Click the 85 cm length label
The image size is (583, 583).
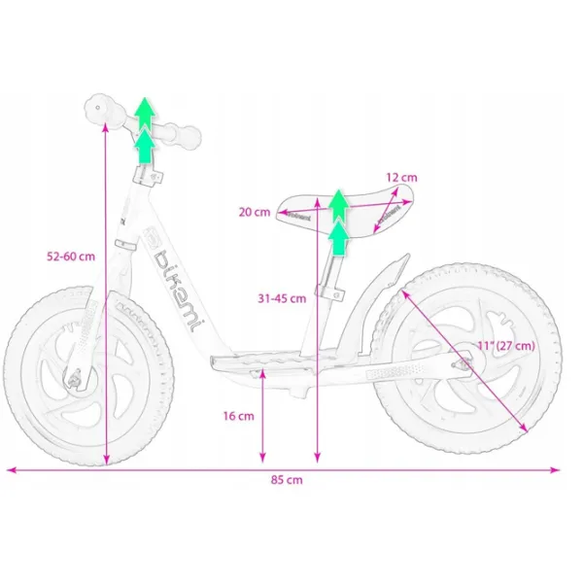[287, 480]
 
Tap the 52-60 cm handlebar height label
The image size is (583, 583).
[71, 257]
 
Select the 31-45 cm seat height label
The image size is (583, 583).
[282, 298]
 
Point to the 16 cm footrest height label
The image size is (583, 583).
[239, 416]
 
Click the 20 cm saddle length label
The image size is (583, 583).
[255, 212]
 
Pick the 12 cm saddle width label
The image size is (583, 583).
[401, 178]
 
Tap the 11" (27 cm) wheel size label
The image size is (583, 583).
[506, 345]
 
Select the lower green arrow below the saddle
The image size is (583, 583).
[338, 238]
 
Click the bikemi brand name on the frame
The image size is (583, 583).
[177, 290]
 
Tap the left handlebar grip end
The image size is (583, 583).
[98, 108]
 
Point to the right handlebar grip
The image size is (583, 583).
[183, 135]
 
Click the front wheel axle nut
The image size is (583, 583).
[74, 379]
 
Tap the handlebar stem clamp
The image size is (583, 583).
[148, 175]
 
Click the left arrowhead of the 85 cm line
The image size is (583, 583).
[11, 470]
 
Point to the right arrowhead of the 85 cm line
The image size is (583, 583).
[555, 470]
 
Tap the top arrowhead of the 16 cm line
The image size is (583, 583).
[262, 372]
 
